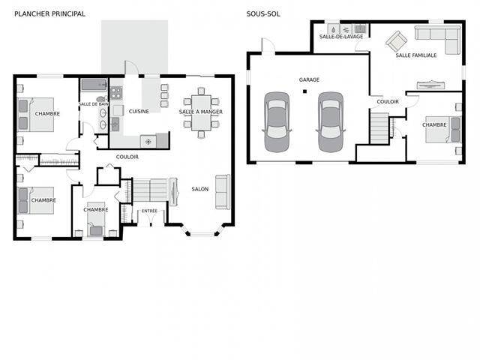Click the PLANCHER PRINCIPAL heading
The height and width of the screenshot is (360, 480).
tap(49, 13)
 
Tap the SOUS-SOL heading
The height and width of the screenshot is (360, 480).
tap(263, 13)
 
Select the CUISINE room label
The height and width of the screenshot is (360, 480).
tap(139, 112)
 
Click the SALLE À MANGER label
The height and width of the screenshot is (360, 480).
tap(200, 112)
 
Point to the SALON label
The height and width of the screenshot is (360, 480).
tap(200, 189)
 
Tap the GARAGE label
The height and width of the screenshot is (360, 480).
tap(309, 79)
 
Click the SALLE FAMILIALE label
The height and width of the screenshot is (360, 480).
tap(416, 55)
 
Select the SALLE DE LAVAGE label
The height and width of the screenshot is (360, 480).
tap(341, 37)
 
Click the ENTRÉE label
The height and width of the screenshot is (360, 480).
tap(149, 211)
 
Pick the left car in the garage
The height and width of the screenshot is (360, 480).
tap(277, 122)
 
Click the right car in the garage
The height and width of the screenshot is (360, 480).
tap(331, 122)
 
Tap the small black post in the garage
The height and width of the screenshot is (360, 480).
tap(304, 91)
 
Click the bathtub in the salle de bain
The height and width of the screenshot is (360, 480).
tap(94, 85)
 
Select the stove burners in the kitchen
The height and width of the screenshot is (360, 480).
tap(116, 93)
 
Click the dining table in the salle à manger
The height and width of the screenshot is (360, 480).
tap(201, 112)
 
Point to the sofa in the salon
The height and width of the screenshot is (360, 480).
tap(223, 192)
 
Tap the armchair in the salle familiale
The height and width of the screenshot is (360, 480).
tap(397, 41)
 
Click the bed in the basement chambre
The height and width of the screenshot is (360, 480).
tap(443, 130)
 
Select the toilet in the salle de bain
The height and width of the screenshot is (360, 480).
tap(101, 99)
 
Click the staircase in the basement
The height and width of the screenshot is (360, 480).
tap(379, 128)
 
